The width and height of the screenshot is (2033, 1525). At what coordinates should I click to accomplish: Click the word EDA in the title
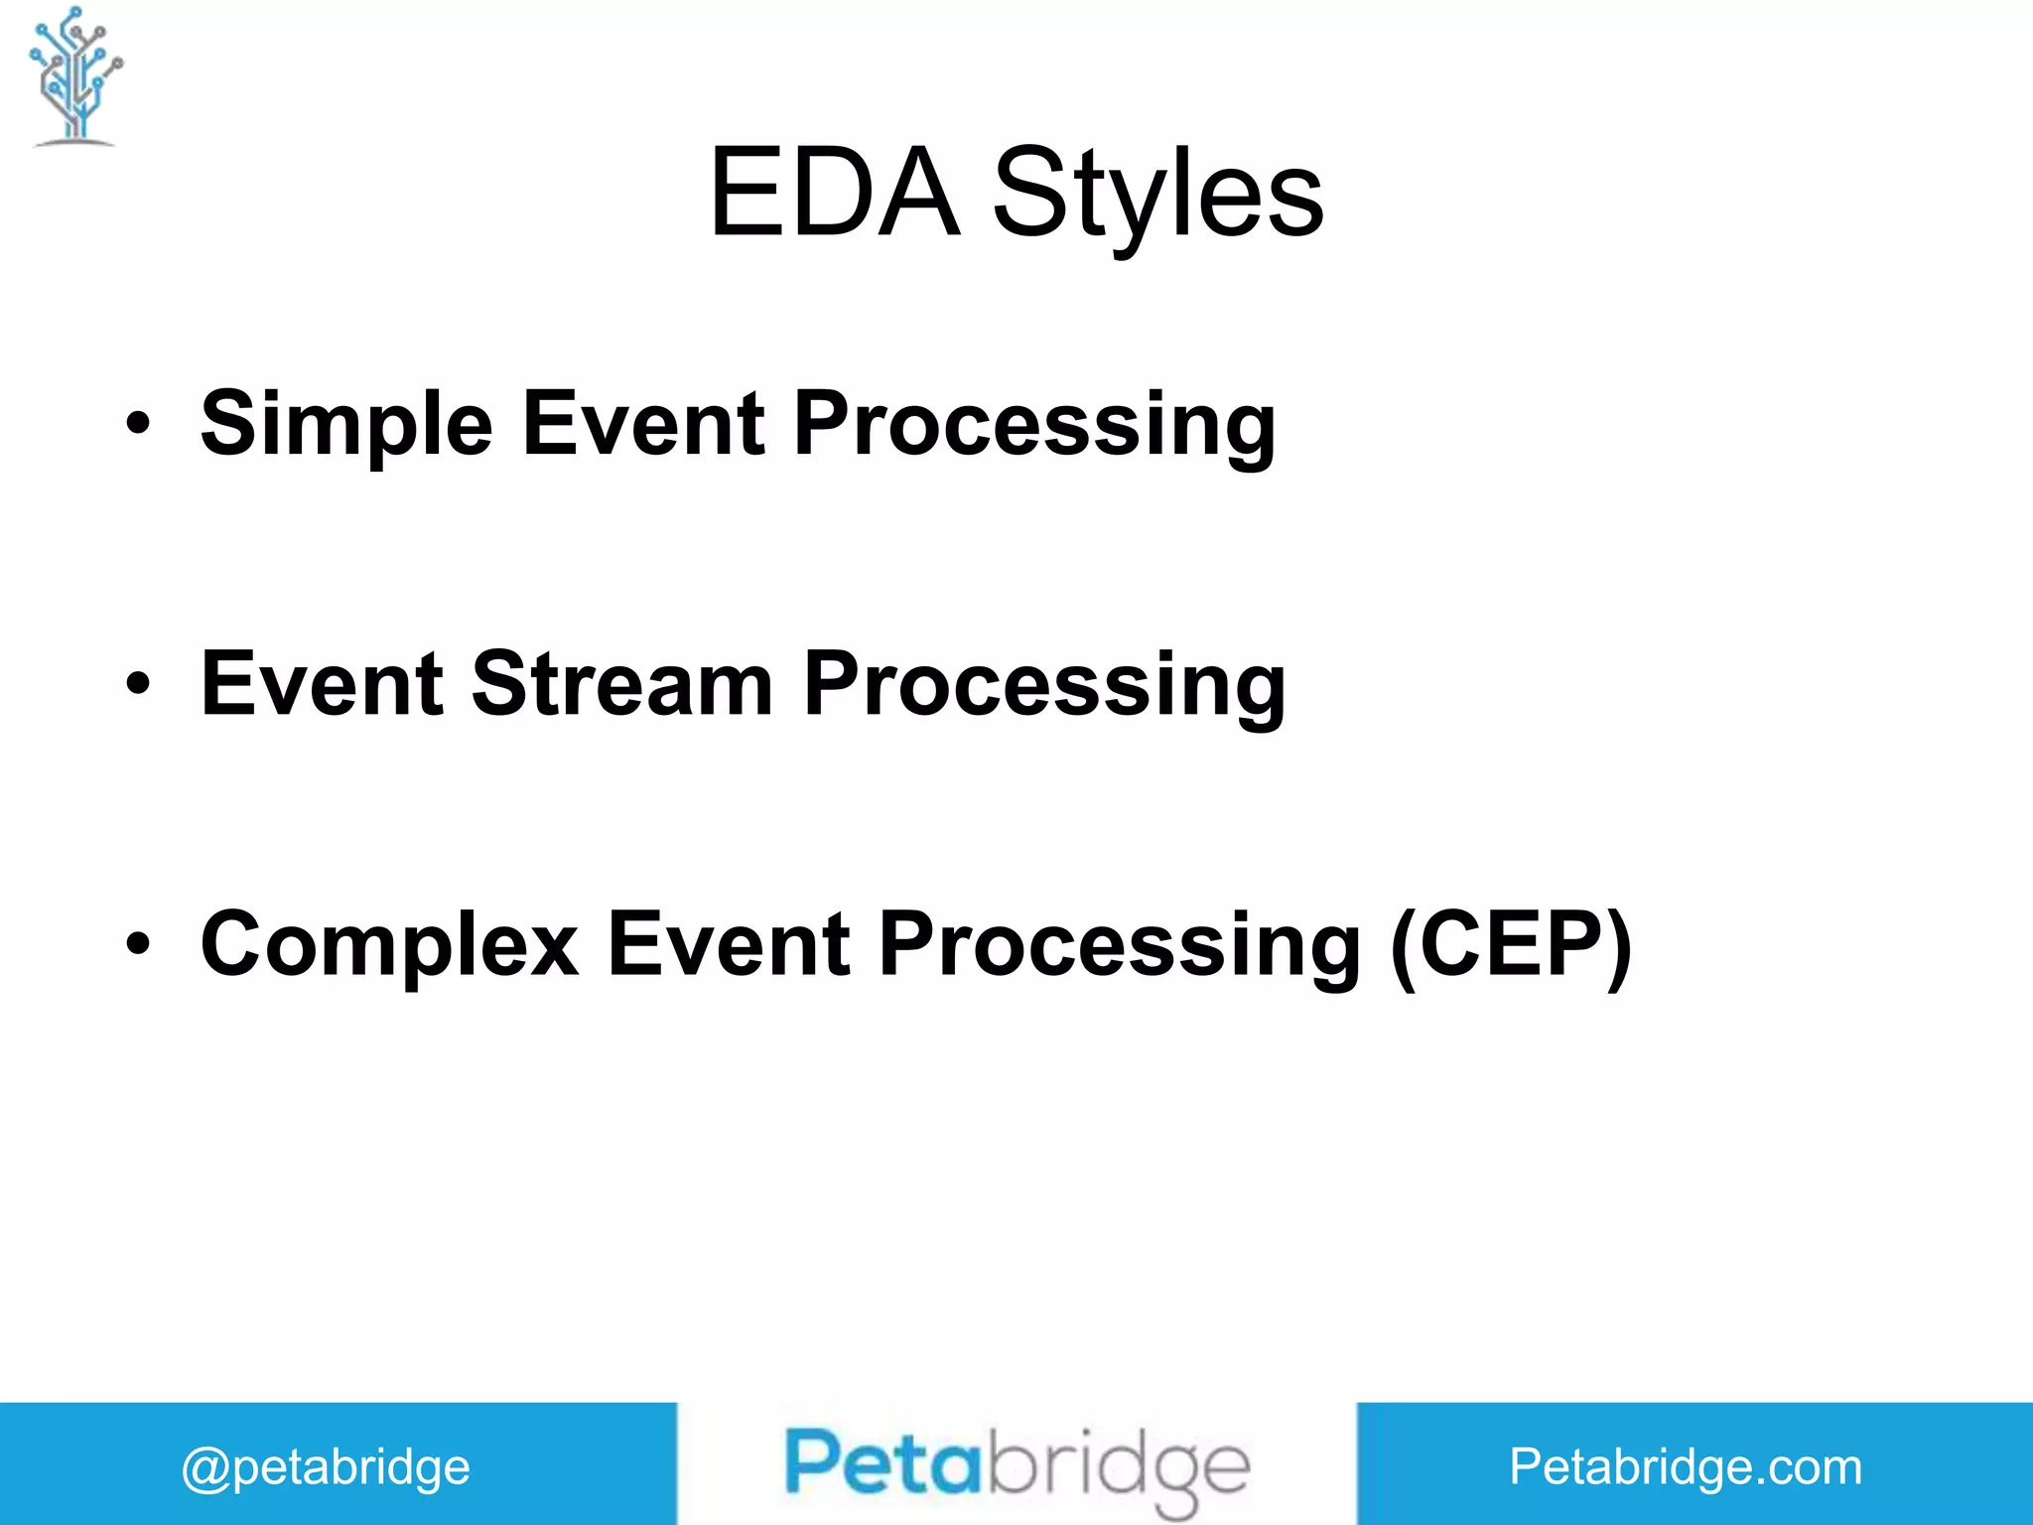pyautogui.click(x=834, y=194)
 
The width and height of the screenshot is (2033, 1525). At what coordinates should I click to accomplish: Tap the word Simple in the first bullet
pyautogui.click(x=346, y=425)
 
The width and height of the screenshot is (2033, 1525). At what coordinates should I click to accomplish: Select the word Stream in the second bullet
pyautogui.click(x=621, y=684)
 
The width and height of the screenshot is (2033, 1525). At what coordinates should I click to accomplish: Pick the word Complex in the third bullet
pyautogui.click(x=389, y=944)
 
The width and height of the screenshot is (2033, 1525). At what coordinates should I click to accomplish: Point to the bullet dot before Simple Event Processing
pyautogui.click(x=138, y=425)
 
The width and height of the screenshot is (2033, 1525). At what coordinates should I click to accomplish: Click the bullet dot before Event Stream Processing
pyautogui.click(x=138, y=684)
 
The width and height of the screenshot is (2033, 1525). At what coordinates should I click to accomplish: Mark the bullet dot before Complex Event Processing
pyautogui.click(x=138, y=944)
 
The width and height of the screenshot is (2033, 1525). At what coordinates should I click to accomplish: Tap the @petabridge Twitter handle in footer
pyautogui.click(x=326, y=1467)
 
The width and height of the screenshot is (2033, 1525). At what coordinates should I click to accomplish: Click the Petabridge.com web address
pyautogui.click(x=1686, y=1466)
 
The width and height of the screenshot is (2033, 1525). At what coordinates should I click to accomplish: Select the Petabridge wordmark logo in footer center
pyautogui.click(x=1016, y=1467)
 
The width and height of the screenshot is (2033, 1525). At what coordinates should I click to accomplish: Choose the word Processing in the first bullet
pyautogui.click(x=1034, y=425)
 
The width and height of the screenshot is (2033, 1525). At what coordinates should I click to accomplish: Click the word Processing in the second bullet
pyautogui.click(x=1044, y=684)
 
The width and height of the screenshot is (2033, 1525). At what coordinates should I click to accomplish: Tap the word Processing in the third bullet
pyautogui.click(x=1120, y=944)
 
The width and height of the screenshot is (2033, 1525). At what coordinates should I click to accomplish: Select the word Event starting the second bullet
pyautogui.click(x=322, y=684)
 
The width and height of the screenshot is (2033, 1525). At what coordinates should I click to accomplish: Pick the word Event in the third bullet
pyautogui.click(x=729, y=944)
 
